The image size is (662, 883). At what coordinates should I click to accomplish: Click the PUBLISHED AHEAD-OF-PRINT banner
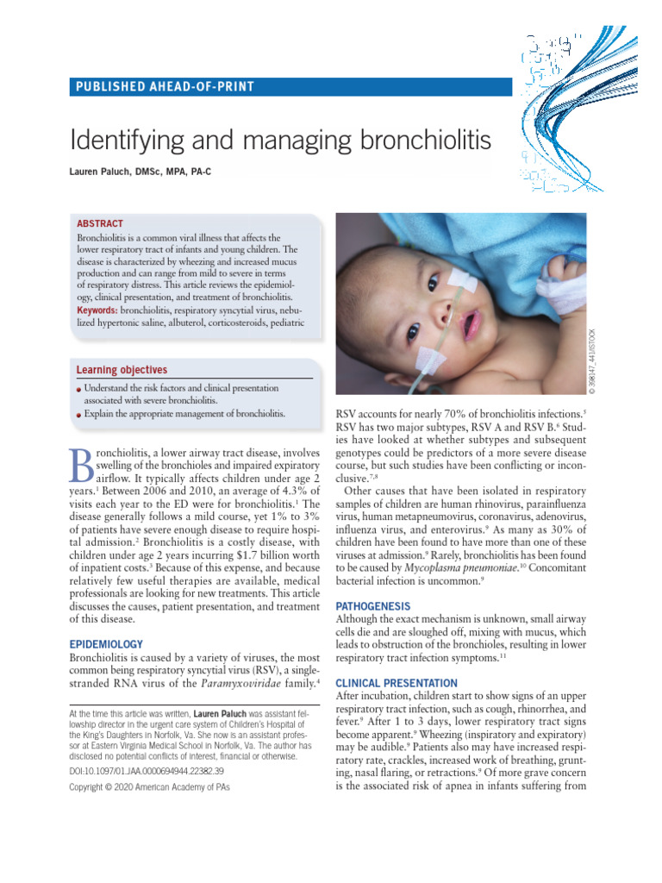(x=163, y=86)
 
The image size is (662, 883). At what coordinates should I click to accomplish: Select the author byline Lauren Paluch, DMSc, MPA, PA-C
(x=140, y=172)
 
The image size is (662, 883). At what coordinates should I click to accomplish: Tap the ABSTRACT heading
(x=100, y=223)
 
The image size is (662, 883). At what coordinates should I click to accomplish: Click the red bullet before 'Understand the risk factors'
(x=79, y=388)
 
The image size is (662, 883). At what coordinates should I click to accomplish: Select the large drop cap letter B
(x=84, y=472)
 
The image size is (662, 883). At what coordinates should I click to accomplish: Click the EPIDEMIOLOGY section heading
(x=105, y=644)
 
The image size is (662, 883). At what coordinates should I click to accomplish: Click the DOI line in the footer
(x=146, y=771)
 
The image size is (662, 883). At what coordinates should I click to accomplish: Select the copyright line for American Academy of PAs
(x=148, y=787)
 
